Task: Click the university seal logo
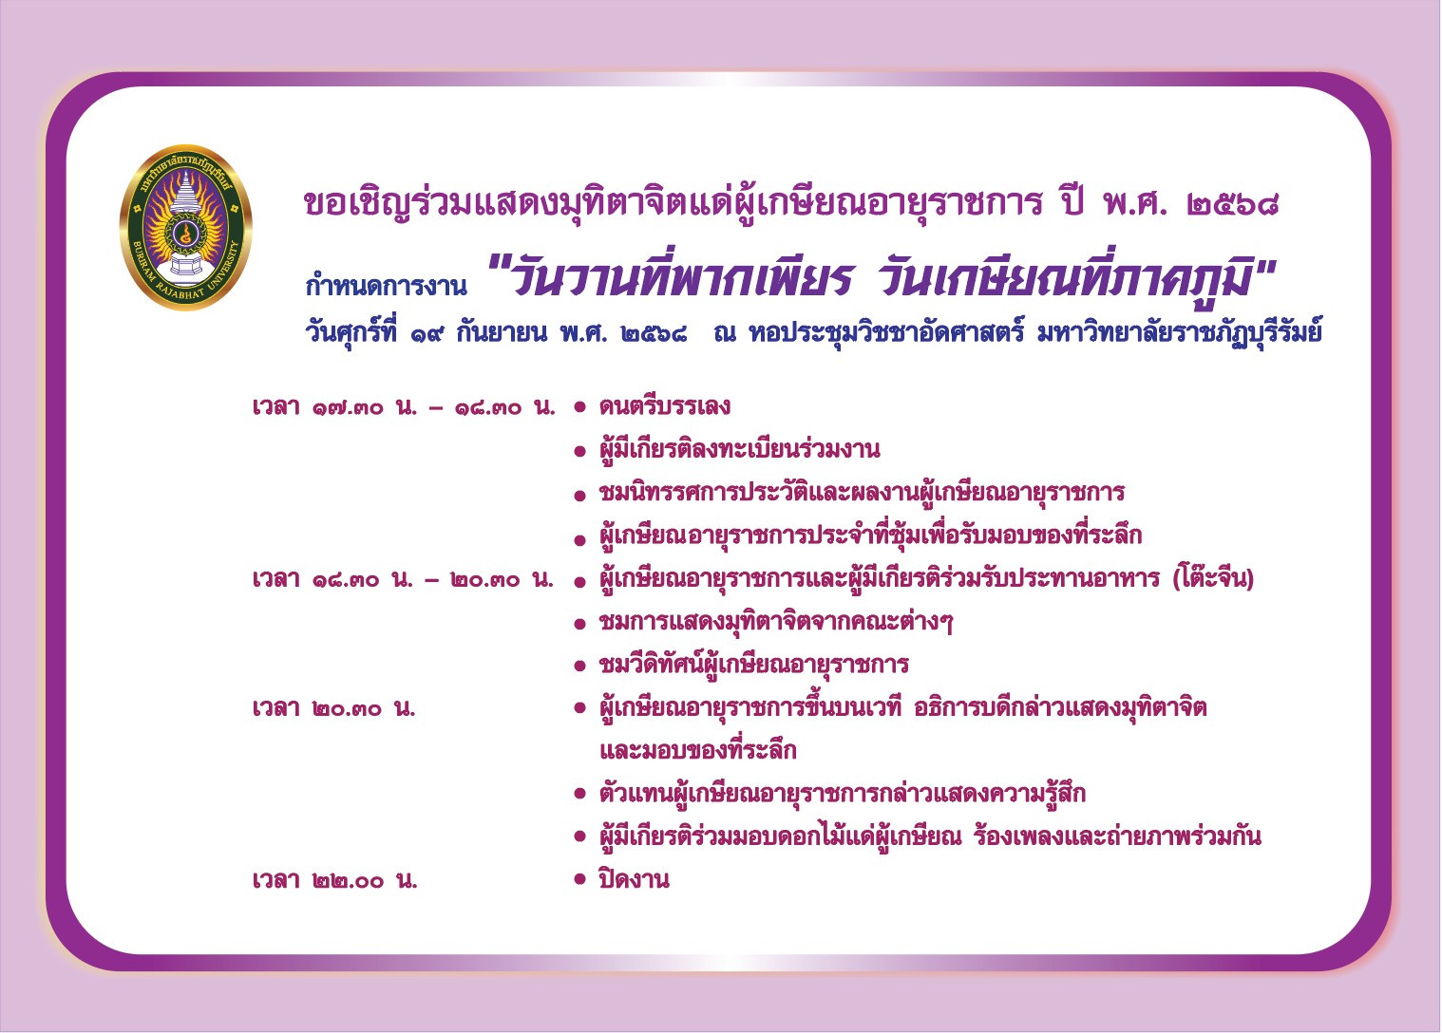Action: [185, 227]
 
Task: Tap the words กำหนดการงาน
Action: [387, 285]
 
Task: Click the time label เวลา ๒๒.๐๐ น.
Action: [334, 880]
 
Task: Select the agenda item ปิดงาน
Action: [635, 879]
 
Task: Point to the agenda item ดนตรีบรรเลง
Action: [664, 406]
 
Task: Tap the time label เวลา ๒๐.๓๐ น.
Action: [334, 708]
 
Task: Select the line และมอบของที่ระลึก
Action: [698, 750]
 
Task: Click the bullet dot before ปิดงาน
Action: [580, 878]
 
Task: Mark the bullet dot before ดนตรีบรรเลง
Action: [580, 407]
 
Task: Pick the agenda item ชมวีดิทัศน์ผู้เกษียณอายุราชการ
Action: [753, 664]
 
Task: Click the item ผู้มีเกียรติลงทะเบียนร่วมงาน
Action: [739, 448]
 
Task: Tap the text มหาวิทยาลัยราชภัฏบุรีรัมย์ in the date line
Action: [1180, 334]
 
